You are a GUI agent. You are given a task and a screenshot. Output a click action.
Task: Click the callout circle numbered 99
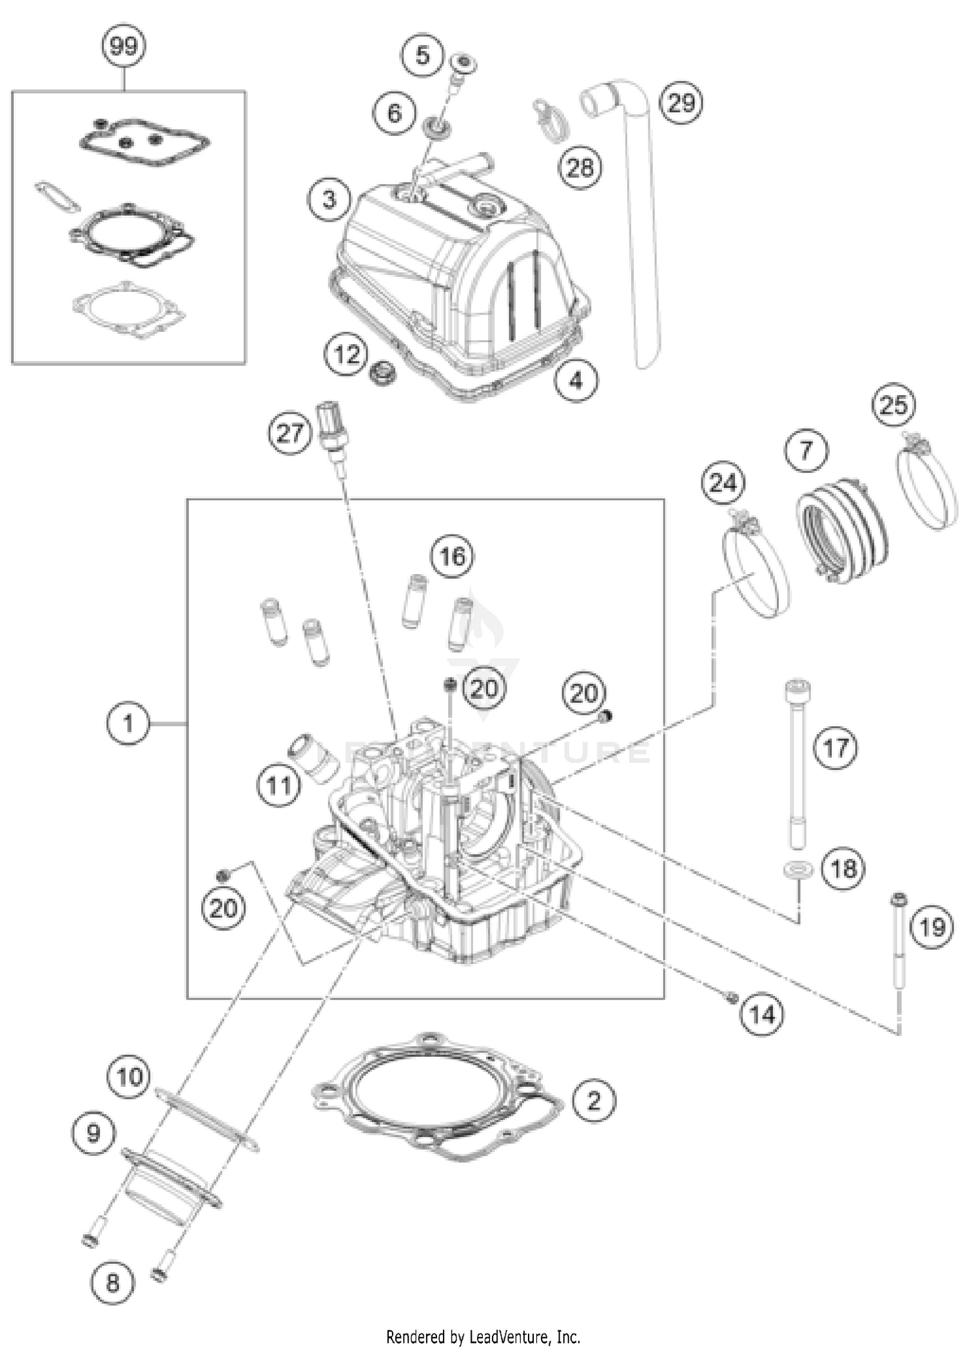point(124,46)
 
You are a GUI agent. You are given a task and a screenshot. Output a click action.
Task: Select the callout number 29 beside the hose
point(681,103)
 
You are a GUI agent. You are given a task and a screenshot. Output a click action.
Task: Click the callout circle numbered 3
point(329,199)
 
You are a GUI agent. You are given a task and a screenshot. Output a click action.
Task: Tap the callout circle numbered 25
point(894,405)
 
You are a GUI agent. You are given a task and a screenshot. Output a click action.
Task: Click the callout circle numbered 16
point(452,556)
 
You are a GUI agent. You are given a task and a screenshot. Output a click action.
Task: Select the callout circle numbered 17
point(836,748)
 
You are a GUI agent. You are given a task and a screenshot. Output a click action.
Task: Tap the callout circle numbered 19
point(932,927)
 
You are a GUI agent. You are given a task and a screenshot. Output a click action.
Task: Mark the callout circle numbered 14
point(761,1015)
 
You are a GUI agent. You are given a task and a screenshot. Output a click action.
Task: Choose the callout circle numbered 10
point(130,1076)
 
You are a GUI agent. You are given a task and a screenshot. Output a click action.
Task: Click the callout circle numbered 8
point(112,1282)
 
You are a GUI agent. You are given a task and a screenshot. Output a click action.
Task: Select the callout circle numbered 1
point(128,724)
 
